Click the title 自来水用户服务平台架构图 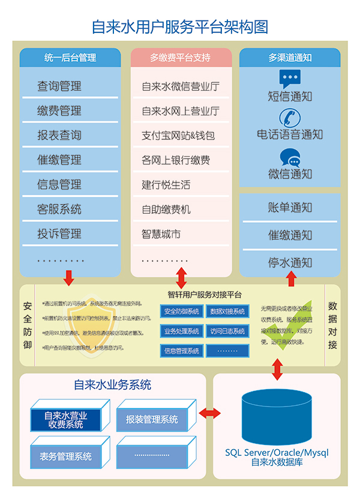tap(179, 26)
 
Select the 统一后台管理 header tap(70, 58)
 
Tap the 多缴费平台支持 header tap(181, 58)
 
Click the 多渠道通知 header tap(290, 58)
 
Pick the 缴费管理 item tap(59, 111)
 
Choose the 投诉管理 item tap(59, 234)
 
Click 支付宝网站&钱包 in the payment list tap(178, 136)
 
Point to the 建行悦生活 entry tap(166, 185)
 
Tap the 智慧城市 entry tap(161, 234)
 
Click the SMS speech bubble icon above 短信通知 tap(290, 79)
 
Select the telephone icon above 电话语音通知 tap(290, 117)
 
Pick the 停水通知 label tap(290, 262)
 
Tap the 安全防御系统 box tap(182, 312)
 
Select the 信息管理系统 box tap(182, 351)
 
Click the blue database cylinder tap(277, 417)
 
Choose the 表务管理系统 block tap(66, 456)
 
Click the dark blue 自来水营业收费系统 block tap(66, 420)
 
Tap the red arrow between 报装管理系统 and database tap(210, 413)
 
